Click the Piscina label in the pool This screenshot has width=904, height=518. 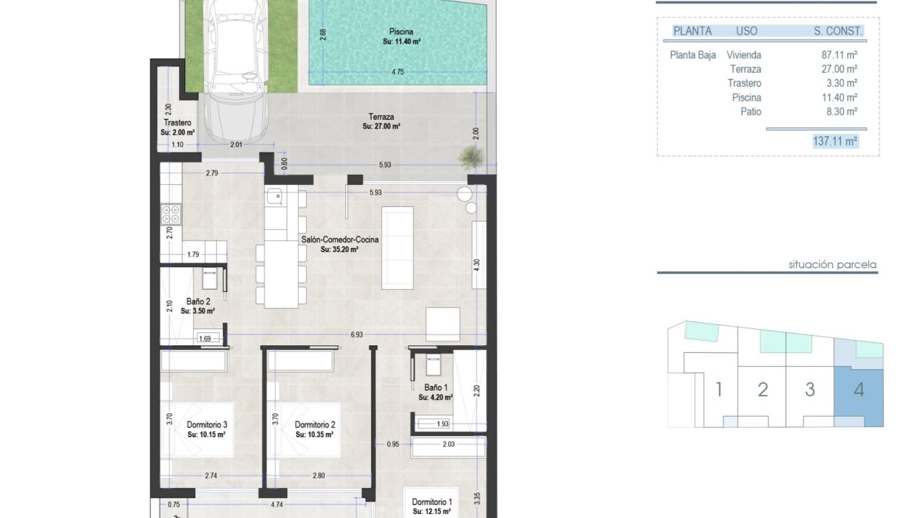click(x=401, y=32)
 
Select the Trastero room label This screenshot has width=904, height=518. click(x=176, y=123)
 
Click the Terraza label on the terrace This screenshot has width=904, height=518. click(x=380, y=117)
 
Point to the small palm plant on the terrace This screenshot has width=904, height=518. click(x=468, y=158)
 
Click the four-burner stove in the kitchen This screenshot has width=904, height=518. click(x=171, y=214)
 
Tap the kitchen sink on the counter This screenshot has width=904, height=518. click(x=275, y=197)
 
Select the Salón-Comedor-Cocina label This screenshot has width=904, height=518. click(x=340, y=240)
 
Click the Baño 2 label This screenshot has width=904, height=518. click(x=198, y=301)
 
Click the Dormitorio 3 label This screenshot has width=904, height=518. click(x=206, y=425)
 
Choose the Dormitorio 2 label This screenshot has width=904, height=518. click(x=315, y=425)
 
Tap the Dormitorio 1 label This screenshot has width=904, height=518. click(x=432, y=502)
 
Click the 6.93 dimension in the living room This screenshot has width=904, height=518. click(x=356, y=335)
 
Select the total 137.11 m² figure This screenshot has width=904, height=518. click(x=835, y=141)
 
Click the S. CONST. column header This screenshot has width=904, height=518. click(x=838, y=31)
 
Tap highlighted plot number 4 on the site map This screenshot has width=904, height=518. click(x=858, y=390)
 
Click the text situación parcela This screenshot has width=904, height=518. click(x=832, y=264)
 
